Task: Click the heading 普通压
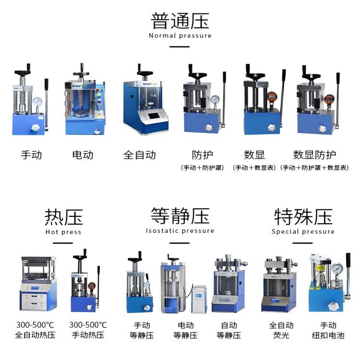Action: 180,21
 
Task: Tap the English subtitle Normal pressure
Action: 180,36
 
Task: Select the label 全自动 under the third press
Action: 140,155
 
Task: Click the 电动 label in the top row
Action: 83,155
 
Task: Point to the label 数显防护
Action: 314,155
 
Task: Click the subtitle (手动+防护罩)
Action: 202,168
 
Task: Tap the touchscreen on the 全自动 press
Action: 153,116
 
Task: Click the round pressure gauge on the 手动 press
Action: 37,101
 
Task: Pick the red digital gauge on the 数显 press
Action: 272,96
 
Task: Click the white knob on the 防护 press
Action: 208,127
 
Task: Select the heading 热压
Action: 63,217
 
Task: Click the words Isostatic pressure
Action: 180,231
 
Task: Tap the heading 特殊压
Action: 303,217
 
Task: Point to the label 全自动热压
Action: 35,335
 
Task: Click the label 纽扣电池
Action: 328,336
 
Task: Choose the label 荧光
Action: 281,336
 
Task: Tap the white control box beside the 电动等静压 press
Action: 199,299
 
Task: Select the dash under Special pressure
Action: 302,243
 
